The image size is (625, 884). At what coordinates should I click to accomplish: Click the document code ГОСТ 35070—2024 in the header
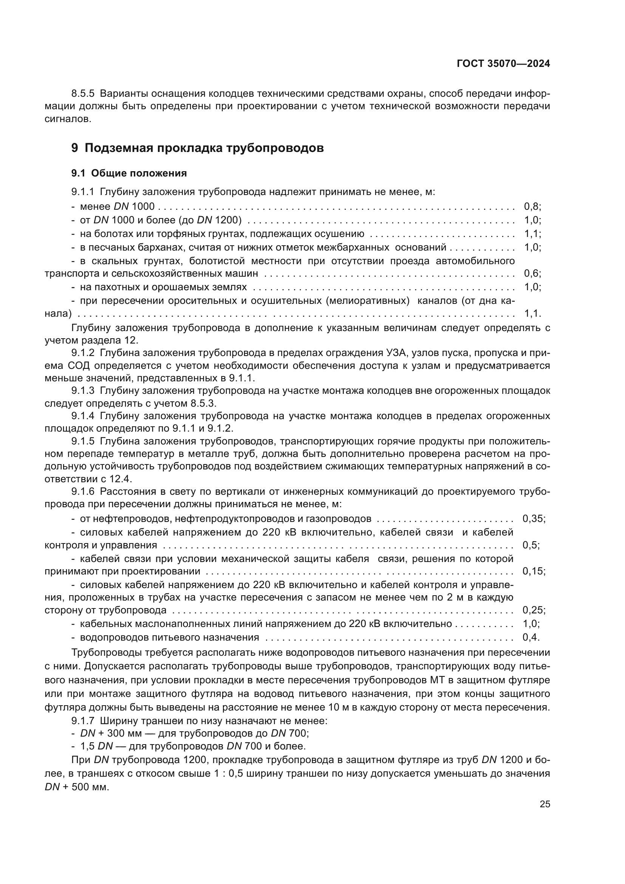point(503,64)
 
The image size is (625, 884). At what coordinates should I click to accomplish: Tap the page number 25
point(545,804)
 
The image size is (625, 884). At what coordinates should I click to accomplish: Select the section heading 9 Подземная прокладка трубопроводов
point(197,148)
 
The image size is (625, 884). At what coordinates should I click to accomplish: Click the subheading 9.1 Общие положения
point(129,173)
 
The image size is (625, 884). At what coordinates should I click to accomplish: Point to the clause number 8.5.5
point(83,94)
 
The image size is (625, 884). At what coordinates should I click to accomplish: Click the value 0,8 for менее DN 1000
point(532,207)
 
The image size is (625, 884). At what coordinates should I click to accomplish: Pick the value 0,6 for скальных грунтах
point(532,274)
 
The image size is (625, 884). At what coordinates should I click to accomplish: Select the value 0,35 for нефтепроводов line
point(534,519)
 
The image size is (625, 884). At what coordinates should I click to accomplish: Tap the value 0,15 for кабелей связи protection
point(534,571)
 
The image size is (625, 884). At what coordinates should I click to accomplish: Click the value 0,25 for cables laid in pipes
point(534,610)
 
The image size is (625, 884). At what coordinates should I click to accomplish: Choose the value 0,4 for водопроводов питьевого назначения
point(531,637)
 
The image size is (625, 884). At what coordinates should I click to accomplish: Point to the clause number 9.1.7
point(83,721)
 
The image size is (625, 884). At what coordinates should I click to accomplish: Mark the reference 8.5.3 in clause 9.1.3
point(203,404)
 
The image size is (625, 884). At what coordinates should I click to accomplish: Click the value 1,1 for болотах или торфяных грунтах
point(532,234)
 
